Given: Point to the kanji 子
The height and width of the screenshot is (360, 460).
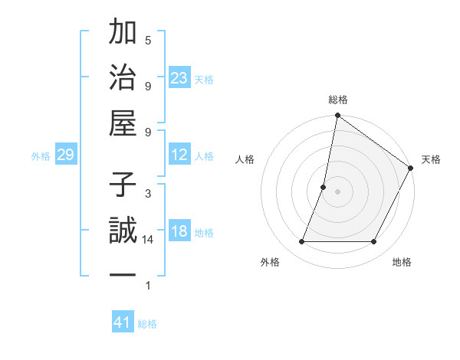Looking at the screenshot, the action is point(123,185).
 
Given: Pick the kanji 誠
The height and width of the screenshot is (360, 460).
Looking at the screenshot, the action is point(123,231).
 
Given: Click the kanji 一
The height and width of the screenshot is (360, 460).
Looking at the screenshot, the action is point(123,275).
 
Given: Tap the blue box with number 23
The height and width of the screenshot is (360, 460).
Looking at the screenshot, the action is point(179,77).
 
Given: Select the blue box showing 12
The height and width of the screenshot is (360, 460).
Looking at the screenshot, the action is point(179,155).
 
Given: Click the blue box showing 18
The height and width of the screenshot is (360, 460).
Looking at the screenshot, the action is point(179,231).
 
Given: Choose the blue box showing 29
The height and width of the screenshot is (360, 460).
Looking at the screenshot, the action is point(65,155).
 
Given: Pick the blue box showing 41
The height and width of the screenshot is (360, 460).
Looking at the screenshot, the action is point(123,322).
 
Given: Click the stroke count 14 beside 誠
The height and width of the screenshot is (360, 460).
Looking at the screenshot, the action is point(149,240).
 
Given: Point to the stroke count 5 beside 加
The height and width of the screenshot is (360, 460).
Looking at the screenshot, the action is point(148,40).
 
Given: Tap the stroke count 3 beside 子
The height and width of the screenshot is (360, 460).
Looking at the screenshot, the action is point(148,193).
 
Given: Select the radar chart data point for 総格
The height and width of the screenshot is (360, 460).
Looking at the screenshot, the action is point(337,116).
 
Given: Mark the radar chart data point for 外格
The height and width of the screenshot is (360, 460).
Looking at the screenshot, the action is point(302,242).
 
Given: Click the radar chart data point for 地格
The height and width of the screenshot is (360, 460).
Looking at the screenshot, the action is point(374,242).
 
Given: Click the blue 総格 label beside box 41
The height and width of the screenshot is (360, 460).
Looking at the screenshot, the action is point(147,324).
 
